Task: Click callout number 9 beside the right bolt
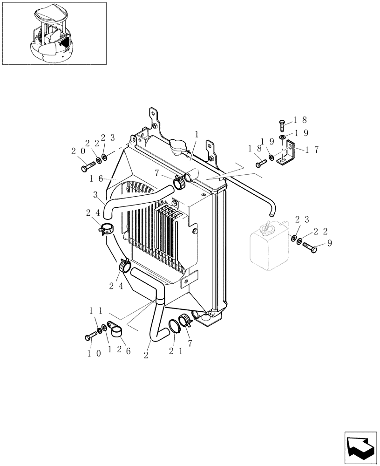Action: click(329, 242)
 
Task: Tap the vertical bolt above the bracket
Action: click(282, 125)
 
